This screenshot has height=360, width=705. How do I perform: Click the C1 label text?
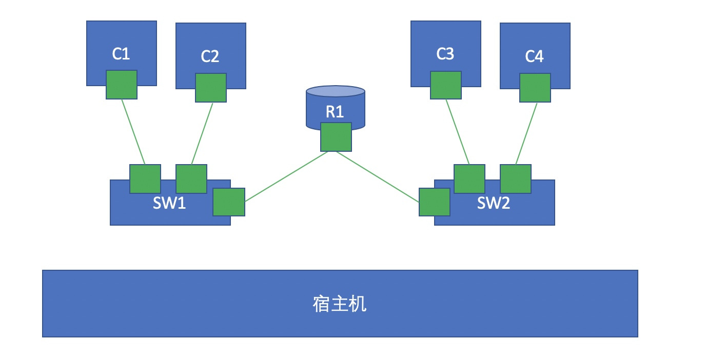click(x=121, y=54)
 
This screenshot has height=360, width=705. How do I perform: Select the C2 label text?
click(x=210, y=56)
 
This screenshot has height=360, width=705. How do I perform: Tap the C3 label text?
click(x=445, y=54)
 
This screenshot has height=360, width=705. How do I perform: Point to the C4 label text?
click(x=534, y=56)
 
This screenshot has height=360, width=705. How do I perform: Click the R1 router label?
click(x=335, y=112)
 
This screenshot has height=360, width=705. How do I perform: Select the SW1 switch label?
click(x=169, y=203)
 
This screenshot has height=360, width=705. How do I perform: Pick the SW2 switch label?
click(x=494, y=203)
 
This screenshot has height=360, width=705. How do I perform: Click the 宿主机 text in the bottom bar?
click(x=340, y=304)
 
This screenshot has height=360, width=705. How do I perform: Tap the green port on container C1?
click(x=122, y=85)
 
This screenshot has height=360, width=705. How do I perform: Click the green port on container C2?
click(x=211, y=88)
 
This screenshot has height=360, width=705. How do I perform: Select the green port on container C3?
click(x=445, y=85)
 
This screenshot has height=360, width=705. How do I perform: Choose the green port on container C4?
click(x=535, y=88)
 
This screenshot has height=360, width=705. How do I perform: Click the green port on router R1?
click(x=336, y=137)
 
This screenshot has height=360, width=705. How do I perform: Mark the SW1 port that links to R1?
click(x=229, y=202)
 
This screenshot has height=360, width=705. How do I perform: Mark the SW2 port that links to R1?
click(x=435, y=202)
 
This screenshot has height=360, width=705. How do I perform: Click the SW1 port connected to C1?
click(x=145, y=179)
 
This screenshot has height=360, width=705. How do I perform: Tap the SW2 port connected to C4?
click(x=516, y=179)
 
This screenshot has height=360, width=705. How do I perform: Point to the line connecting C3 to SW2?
click(x=458, y=132)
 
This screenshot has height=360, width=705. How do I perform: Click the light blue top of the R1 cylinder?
click(x=336, y=91)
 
